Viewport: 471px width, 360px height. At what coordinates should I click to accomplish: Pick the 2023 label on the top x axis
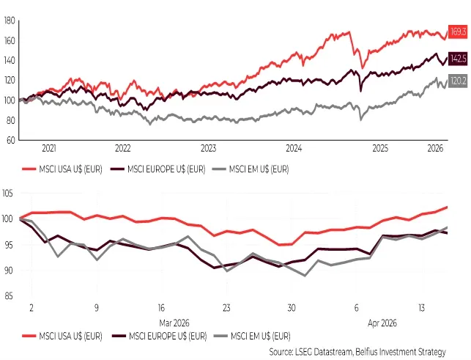click(208, 147)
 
